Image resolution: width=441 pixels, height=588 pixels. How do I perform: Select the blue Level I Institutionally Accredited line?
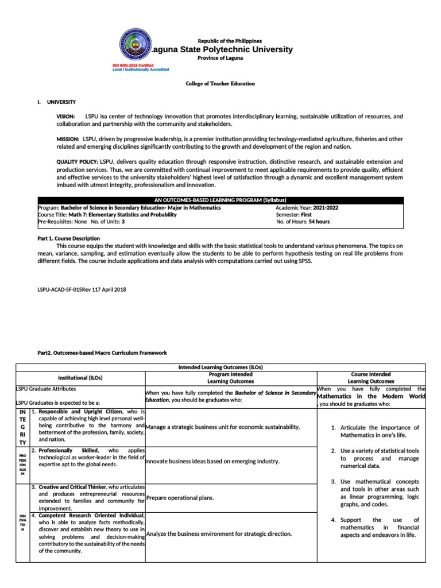(140, 69)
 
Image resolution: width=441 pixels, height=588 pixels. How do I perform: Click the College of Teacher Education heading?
(220, 83)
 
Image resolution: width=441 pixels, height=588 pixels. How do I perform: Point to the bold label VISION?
(65, 117)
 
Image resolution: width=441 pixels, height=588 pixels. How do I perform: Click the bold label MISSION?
(68, 139)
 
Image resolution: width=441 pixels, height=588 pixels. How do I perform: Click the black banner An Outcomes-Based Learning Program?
(220, 199)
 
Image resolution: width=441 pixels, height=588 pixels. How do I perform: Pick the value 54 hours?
(319, 221)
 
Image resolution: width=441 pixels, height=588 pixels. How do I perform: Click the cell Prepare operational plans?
(180, 497)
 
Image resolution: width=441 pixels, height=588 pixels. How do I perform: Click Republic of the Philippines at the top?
(230, 41)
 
